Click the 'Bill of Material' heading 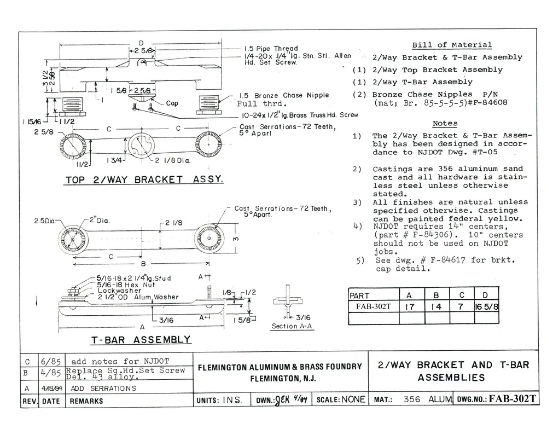point(452,45)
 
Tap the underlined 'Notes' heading point(445,124)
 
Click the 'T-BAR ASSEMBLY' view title point(141,339)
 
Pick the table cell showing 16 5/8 point(487,307)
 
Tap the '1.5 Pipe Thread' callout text point(271,49)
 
